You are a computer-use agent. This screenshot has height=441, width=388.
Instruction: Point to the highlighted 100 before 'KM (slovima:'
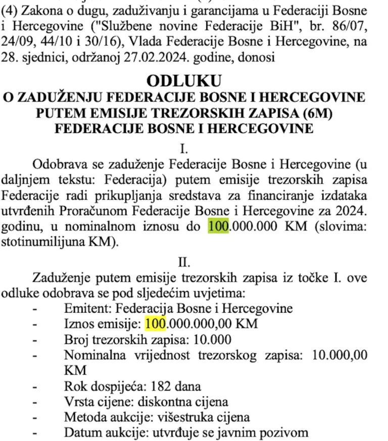click(x=219, y=226)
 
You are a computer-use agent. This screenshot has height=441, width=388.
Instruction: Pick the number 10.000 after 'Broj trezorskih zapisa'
click(x=213, y=339)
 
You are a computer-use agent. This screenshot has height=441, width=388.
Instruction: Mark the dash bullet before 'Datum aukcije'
click(x=35, y=433)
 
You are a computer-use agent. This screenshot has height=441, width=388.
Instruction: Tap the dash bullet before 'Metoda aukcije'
click(x=35, y=418)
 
